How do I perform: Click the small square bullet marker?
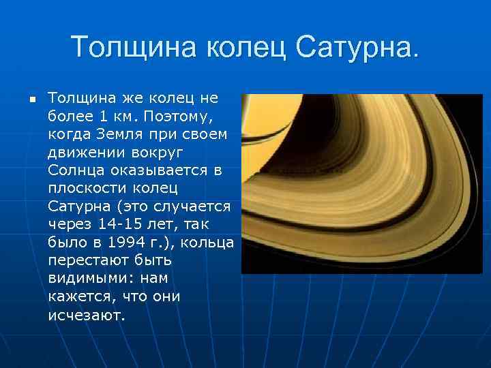click(31, 99)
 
